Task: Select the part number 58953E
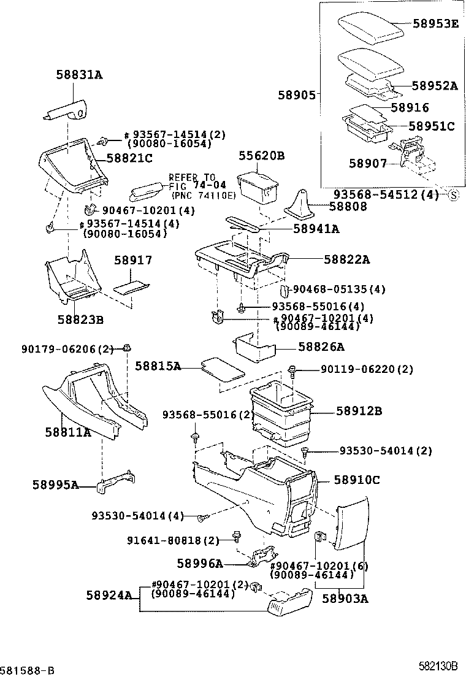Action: coord(435,25)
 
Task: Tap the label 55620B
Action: coord(262,156)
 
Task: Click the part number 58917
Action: coord(133,260)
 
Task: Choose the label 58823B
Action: coord(80,320)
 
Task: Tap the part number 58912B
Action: coord(359,410)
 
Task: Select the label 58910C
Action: coord(357,480)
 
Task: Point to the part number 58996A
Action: coord(199,564)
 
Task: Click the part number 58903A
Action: coord(345,599)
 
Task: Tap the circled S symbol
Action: coord(454,196)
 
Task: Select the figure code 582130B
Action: coord(438,666)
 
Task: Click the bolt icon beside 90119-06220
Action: coord(293,370)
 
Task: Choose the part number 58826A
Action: coord(321,347)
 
